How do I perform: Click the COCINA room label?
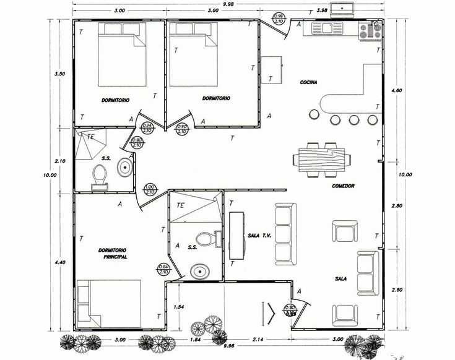pos(309,82)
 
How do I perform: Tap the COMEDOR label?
pos(342,186)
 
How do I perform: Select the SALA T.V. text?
pos(259,235)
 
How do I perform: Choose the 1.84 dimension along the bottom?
pos(196,340)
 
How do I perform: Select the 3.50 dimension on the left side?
pos(60,74)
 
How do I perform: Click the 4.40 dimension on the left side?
pos(60,263)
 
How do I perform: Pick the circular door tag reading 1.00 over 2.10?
pos(149,189)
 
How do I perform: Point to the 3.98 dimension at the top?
pos(321,11)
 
